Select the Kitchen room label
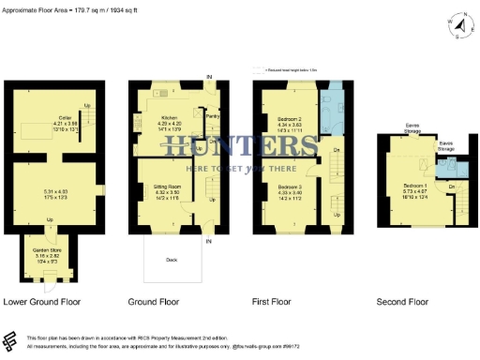point(168,118)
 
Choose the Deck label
point(171,260)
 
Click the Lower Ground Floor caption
point(42,302)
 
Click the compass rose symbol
point(456,25)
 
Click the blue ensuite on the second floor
point(448,168)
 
